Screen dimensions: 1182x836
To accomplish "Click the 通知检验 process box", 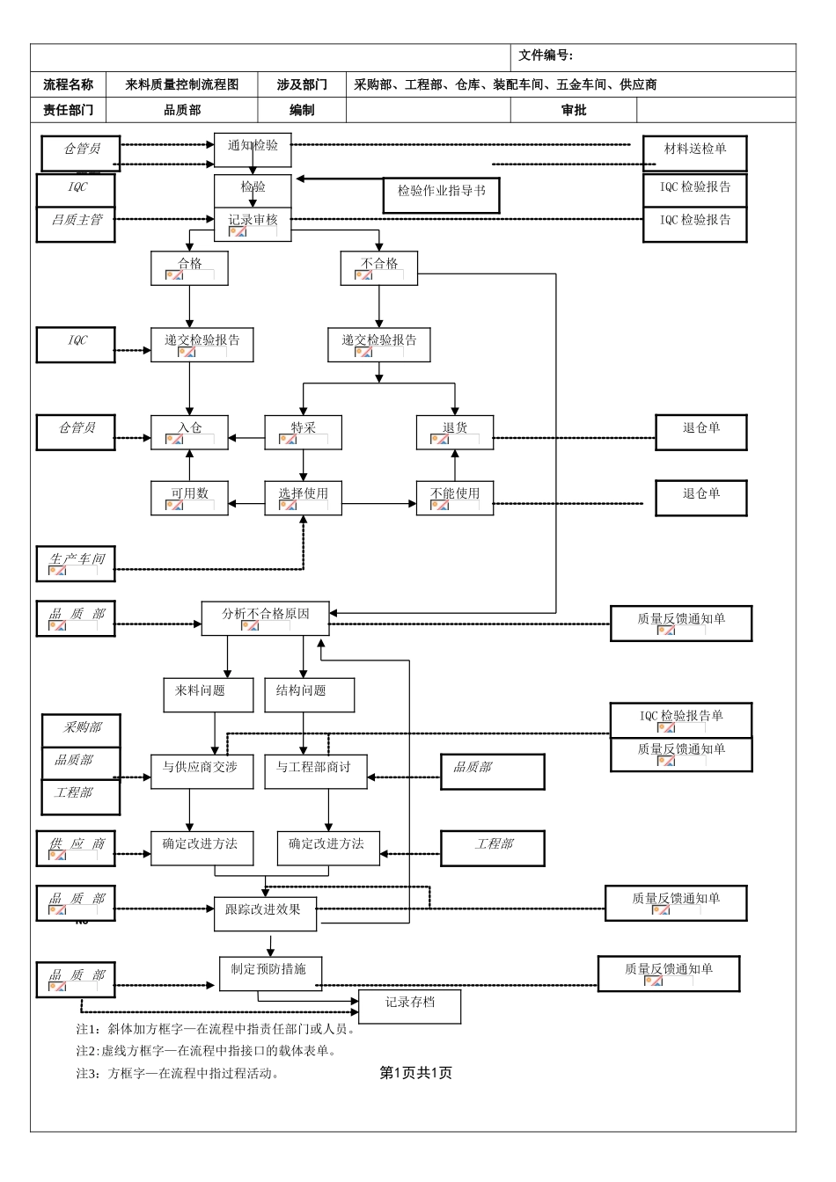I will [253, 150].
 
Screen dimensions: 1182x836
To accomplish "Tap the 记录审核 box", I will [253, 223].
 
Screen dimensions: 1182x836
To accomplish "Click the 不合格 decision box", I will [379, 267].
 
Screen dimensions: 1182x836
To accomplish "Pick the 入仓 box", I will [189, 432].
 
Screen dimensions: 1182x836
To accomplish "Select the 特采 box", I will [303, 432].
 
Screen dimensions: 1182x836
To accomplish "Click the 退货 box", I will [455, 432].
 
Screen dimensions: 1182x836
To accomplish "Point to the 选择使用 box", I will [303, 498].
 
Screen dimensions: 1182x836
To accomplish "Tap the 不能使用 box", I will [455, 498].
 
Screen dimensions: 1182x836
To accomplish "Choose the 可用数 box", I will [189, 498].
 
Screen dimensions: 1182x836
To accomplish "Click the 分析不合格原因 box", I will [265, 618].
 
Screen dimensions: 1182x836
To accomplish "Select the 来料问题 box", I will [201, 694].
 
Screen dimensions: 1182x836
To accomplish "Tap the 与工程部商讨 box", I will [315, 771].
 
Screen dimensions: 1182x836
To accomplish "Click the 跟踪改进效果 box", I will [264, 914].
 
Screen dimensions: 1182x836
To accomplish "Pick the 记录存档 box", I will [409, 1006].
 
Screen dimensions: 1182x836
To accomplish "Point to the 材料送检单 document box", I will [694, 153].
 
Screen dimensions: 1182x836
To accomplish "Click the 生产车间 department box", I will [76, 564].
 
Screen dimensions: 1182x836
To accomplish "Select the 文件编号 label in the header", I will [546, 55].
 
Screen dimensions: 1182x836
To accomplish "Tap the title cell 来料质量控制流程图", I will [182, 84].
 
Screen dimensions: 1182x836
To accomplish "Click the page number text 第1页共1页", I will [415, 1073].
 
